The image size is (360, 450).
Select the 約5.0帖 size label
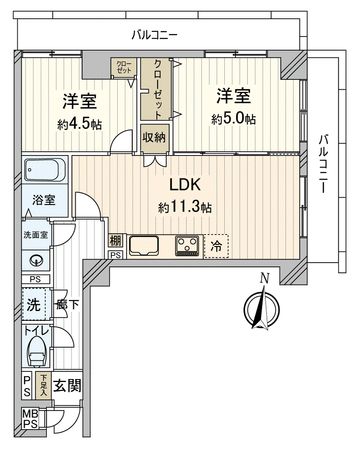coord(233,119)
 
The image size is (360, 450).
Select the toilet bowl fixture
coord(37,349)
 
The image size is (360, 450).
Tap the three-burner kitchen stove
coord(186,244)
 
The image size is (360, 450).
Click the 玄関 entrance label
coord(68,385)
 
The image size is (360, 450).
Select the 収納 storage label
coord(153,137)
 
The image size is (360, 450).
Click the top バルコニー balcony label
coord(155,34)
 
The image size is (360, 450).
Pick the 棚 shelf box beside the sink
coord(116,241)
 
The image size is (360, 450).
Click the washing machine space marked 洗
coord(33,304)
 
